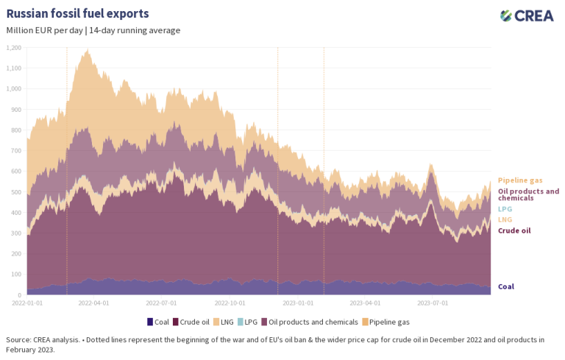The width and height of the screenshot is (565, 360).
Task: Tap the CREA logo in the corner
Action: tap(527, 15)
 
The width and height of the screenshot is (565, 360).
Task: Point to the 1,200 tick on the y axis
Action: tap(14, 48)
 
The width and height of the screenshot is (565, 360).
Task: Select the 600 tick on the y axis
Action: tap(16, 172)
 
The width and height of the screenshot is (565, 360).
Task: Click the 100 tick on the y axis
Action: tap(16, 274)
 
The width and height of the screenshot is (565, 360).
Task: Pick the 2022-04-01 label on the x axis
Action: tap(93, 302)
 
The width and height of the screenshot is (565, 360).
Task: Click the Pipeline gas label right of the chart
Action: tap(520, 180)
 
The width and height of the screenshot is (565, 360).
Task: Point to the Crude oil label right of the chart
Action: tap(514, 230)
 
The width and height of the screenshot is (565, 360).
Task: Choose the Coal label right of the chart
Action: tap(506, 286)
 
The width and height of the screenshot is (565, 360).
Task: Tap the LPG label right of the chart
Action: tap(505, 209)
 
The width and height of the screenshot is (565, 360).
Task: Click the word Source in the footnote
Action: tap(18, 339)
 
